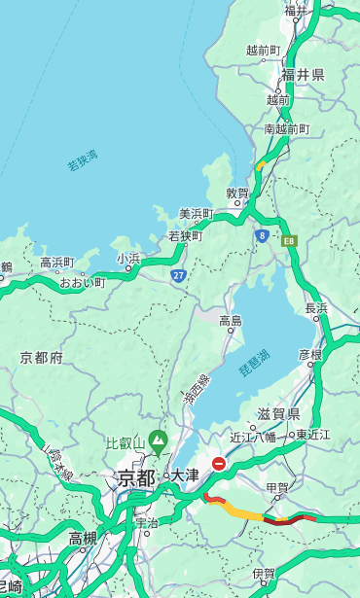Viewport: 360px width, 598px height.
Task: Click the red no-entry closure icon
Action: (x=219, y=464)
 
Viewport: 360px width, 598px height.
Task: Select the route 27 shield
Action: (x=179, y=275)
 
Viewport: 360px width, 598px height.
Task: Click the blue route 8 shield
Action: (x=262, y=235)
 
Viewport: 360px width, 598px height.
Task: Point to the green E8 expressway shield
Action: (x=289, y=239)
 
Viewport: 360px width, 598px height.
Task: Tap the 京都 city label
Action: (x=136, y=477)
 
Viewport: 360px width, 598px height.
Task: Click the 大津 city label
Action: (x=184, y=475)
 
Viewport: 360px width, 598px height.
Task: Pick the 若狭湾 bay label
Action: (x=83, y=160)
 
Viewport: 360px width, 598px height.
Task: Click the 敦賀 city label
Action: (x=237, y=193)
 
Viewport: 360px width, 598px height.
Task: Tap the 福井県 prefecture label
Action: (x=303, y=75)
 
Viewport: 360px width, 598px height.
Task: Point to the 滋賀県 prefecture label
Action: (x=278, y=414)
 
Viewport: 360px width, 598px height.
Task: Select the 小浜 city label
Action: (x=128, y=258)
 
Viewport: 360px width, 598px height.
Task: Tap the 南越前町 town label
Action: (x=286, y=128)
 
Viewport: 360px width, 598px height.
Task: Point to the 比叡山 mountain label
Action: (x=125, y=443)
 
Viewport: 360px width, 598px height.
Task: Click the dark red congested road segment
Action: (x=284, y=520)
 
